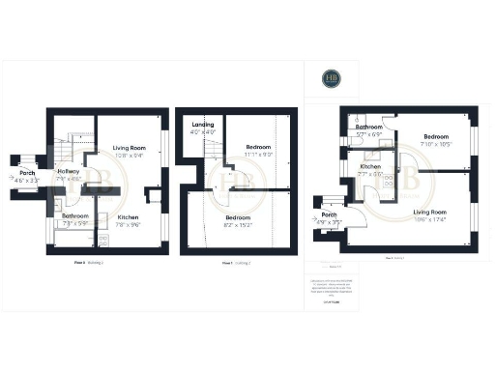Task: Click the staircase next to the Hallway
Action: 66,151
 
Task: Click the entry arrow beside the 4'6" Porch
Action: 9,160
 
